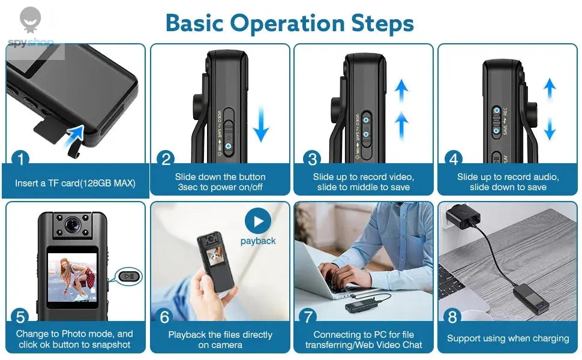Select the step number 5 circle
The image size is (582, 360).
[20, 316]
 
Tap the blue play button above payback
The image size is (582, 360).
[258, 222]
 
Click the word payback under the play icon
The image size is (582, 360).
[258, 241]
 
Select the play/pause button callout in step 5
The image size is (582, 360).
[130, 277]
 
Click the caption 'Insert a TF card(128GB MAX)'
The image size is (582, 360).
[75, 183]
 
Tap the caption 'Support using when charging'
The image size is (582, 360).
[508, 338]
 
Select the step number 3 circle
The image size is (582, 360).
[312, 159]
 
